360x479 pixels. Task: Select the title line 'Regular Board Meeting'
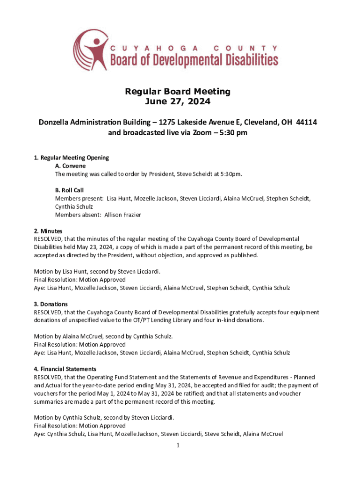pyautogui.click(x=177, y=91)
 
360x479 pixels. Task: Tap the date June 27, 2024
pyautogui.click(x=177, y=101)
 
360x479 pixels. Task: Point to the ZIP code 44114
pyautogui.click(x=307, y=123)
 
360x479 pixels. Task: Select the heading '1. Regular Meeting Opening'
pyautogui.click(x=71, y=158)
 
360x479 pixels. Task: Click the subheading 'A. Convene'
pyautogui.click(x=70, y=166)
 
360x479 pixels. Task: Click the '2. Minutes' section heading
pyautogui.click(x=48, y=231)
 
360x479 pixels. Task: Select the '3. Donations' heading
pyautogui.click(x=51, y=304)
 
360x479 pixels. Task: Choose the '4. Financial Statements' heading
pyautogui.click(x=65, y=369)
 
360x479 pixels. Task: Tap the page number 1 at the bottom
pyautogui.click(x=178, y=445)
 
